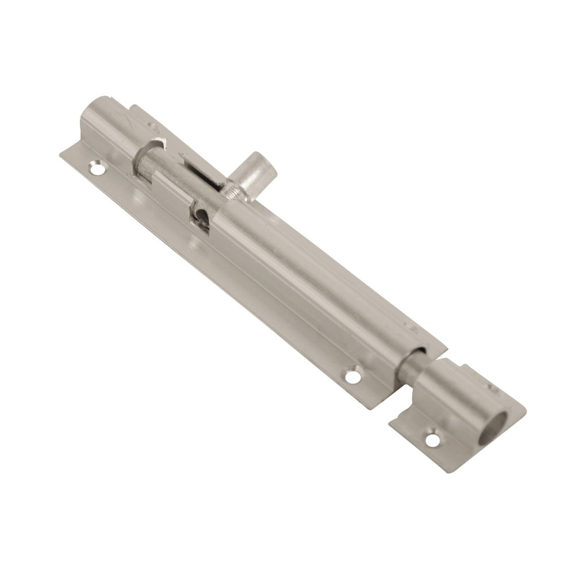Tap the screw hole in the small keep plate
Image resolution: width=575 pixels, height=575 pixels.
pyautogui.click(x=432, y=440)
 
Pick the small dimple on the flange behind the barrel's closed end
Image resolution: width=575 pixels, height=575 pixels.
pyautogui.click(x=152, y=124)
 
